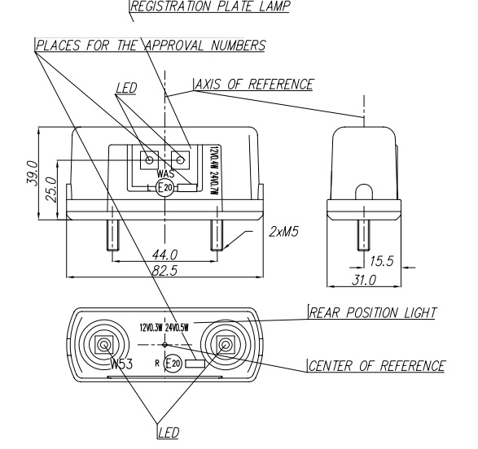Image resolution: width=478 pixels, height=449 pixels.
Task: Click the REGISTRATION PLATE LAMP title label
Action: click(x=210, y=7)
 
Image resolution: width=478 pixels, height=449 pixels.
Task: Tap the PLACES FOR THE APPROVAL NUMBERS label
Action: click(x=151, y=46)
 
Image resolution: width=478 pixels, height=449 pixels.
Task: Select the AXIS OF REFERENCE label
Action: click(x=254, y=85)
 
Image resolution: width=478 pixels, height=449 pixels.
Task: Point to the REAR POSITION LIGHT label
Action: click(x=373, y=313)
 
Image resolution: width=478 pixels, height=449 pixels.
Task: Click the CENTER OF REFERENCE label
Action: click(x=377, y=365)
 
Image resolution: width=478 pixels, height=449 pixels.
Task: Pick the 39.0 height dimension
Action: click(x=33, y=173)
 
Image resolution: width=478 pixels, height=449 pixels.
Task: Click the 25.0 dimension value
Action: click(x=51, y=190)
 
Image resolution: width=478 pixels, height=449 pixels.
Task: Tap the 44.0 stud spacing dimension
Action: click(x=165, y=255)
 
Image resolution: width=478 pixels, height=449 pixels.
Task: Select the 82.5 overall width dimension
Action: click(x=165, y=271)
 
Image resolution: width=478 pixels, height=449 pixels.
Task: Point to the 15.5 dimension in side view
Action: click(x=382, y=261)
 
